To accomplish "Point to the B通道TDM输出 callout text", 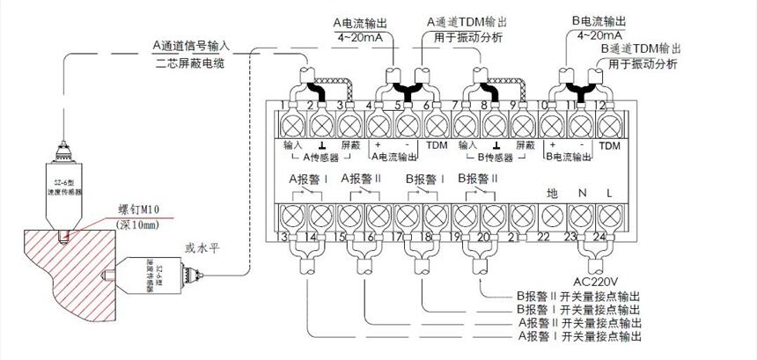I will tap(638, 48).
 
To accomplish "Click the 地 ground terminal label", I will tap(552, 191).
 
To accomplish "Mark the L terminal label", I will tap(608, 191).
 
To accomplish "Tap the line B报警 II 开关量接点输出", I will tap(577, 298).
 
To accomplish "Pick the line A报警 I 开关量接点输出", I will tap(577, 336).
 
